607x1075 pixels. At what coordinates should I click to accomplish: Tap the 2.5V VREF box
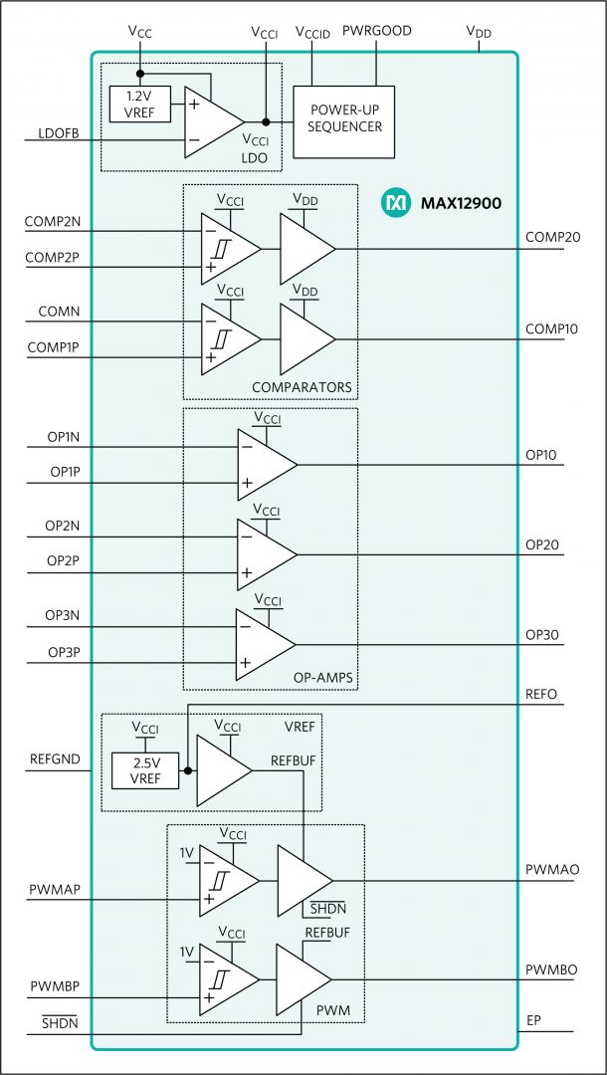coord(145,770)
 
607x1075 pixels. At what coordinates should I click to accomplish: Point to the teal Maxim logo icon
coord(395,203)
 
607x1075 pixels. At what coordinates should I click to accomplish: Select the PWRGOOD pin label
coord(377,31)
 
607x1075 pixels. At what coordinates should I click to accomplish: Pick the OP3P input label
coord(63,651)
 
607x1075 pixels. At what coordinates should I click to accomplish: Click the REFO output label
coord(543,695)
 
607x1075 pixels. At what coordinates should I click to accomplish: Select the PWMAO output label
coord(552,869)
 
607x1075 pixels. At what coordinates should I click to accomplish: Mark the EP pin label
coord(534,1021)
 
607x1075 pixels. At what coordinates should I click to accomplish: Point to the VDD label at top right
coord(479,31)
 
